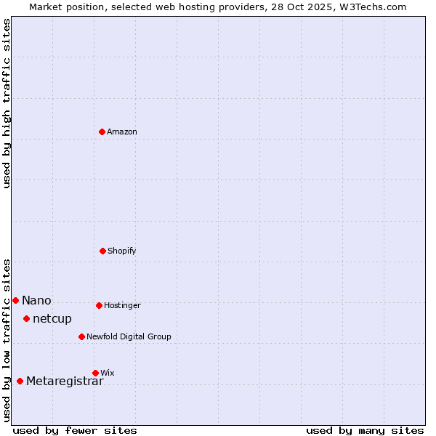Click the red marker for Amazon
pos(102,132)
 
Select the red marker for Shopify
pos(102,251)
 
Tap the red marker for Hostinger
pos(99,305)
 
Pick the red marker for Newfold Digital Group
pos(81,336)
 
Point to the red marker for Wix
pos(95,373)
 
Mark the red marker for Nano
pos(15,300)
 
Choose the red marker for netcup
pos(26,318)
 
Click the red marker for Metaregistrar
pos(20,381)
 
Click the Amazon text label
pos(122,132)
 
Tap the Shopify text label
pos(122,251)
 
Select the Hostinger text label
pos(122,305)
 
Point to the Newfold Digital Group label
pos(129,336)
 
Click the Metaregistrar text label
pos(65,381)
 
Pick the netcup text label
pos(52,319)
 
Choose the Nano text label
pos(36,301)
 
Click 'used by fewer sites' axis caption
pos(75,430)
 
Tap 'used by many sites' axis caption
pos(365,430)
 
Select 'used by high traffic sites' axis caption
pos(7,103)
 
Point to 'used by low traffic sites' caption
pos(7,340)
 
